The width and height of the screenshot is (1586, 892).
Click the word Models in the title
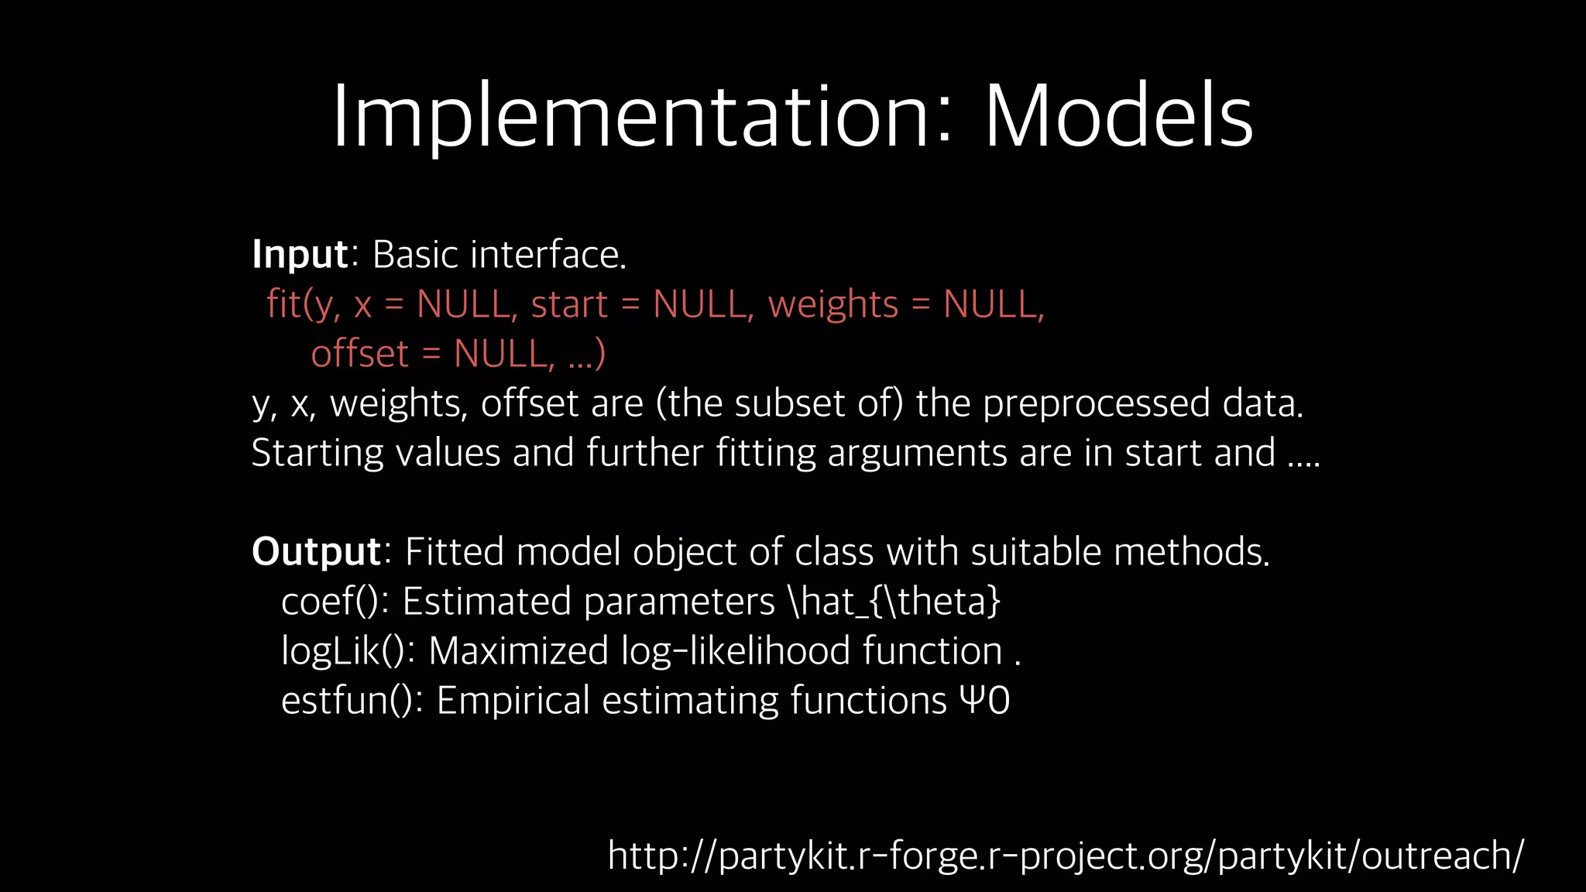click(x=1118, y=116)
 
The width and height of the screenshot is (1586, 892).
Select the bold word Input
click(x=300, y=255)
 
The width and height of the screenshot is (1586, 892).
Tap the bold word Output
click(x=316, y=551)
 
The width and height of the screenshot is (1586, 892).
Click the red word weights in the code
click(x=832, y=304)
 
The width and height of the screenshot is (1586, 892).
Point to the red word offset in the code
click(x=359, y=354)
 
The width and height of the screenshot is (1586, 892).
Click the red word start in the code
click(x=569, y=304)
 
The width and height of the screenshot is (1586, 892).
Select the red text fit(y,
click(x=303, y=304)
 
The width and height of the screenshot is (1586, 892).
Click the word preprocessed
click(x=1096, y=403)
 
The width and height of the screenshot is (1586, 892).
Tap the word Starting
click(x=318, y=453)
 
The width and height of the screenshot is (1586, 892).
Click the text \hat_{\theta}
click(x=894, y=602)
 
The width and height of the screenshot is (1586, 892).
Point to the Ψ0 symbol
click(x=984, y=701)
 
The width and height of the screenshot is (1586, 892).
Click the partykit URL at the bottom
click(x=1066, y=856)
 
